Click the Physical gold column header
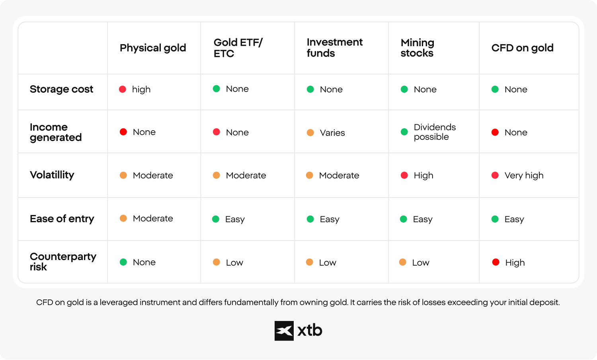click(x=153, y=48)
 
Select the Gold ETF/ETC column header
click(x=238, y=48)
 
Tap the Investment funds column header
click(x=334, y=48)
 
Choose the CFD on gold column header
click(x=522, y=48)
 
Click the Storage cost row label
click(x=61, y=89)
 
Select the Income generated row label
click(x=56, y=132)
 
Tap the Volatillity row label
click(x=52, y=175)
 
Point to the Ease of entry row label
click(x=62, y=219)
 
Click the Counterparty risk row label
click(x=63, y=262)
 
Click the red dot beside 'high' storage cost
click(x=123, y=89)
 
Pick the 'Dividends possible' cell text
click(x=435, y=132)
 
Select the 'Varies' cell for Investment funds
click(x=332, y=133)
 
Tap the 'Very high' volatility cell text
click(x=524, y=176)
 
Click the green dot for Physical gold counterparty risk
click(x=123, y=262)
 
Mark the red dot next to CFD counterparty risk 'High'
click(x=496, y=262)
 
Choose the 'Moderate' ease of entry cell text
click(x=153, y=218)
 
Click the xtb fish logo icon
click(x=284, y=331)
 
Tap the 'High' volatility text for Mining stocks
click(x=423, y=176)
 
